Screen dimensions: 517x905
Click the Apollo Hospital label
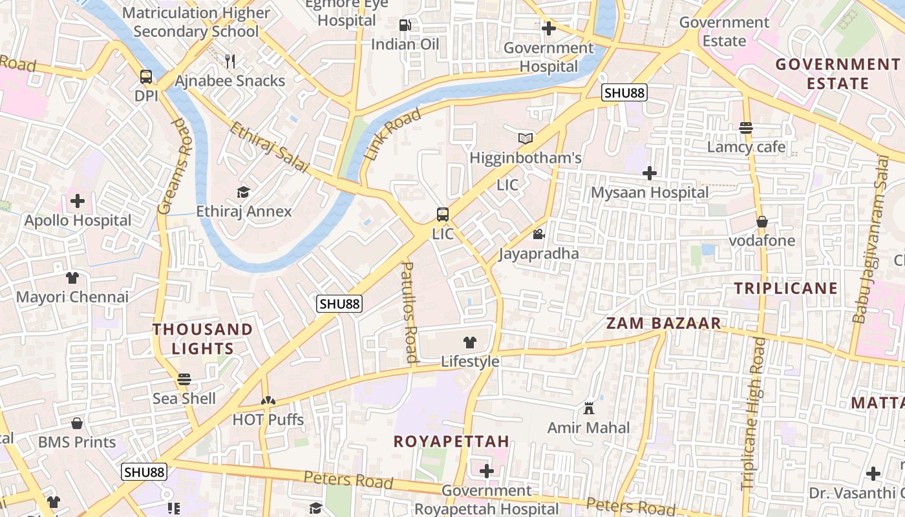pyautogui.click(x=78, y=220)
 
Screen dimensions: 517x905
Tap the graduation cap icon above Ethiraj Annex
pyautogui.click(x=243, y=192)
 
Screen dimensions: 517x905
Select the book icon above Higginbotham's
pyautogui.click(x=526, y=138)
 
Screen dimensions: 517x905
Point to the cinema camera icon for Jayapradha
pyautogui.click(x=538, y=234)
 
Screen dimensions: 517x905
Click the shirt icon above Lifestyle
pyautogui.click(x=470, y=343)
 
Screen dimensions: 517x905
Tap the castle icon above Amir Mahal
pyautogui.click(x=588, y=408)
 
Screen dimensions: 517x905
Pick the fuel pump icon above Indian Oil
pyautogui.click(x=405, y=25)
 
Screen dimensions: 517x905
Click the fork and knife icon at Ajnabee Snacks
pyautogui.click(x=229, y=61)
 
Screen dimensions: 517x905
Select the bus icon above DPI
pyautogui.click(x=146, y=77)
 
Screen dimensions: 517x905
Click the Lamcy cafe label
pyautogui.click(x=746, y=147)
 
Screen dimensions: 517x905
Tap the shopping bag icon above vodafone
pyautogui.click(x=762, y=222)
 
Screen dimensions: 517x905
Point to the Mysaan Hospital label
pyautogui.click(x=650, y=193)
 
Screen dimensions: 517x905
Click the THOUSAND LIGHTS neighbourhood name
pyautogui.click(x=202, y=338)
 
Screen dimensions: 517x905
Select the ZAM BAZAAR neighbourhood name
pyautogui.click(x=663, y=323)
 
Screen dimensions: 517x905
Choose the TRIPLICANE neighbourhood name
pyautogui.click(x=785, y=288)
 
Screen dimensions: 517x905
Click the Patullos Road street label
pyautogui.click(x=410, y=312)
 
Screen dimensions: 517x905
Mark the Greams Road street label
pyautogui.click(x=175, y=167)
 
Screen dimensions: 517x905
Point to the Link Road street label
pyautogui.click(x=392, y=134)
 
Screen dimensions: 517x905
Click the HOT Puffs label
pyautogui.click(x=268, y=419)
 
